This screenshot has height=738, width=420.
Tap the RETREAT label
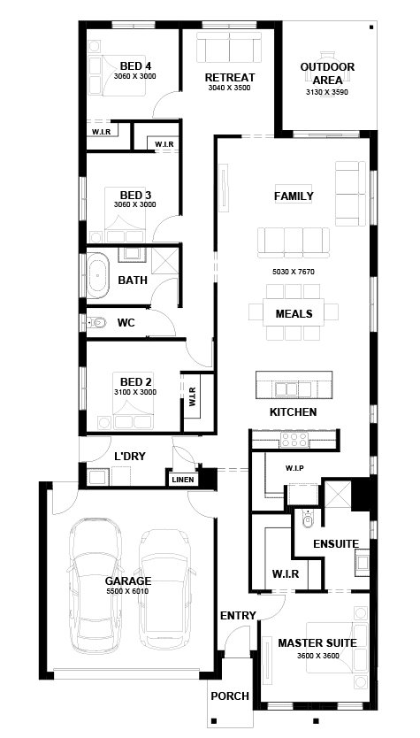(x=230, y=77)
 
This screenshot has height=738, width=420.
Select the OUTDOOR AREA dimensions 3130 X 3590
(x=327, y=92)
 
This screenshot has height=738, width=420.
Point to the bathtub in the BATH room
(x=98, y=275)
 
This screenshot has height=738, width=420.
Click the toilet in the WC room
(x=98, y=322)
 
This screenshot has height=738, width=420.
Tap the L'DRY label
(x=130, y=456)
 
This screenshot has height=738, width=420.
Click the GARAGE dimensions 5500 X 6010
(x=127, y=591)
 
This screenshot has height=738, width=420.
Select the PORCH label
(x=230, y=696)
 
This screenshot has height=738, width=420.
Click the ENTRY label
(x=238, y=615)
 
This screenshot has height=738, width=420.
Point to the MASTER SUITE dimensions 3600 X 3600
(x=318, y=656)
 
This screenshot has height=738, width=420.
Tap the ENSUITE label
(x=336, y=543)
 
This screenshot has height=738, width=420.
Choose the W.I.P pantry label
(x=294, y=468)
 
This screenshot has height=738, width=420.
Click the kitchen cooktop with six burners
(x=294, y=440)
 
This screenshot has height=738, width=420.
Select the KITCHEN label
(x=293, y=411)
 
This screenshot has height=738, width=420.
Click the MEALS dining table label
(x=294, y=313)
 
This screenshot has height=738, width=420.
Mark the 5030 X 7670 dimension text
(x=293, y=272)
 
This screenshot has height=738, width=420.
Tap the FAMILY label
(x=294, y=196)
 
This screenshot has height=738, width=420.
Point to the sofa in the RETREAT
(x=229, y=47)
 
